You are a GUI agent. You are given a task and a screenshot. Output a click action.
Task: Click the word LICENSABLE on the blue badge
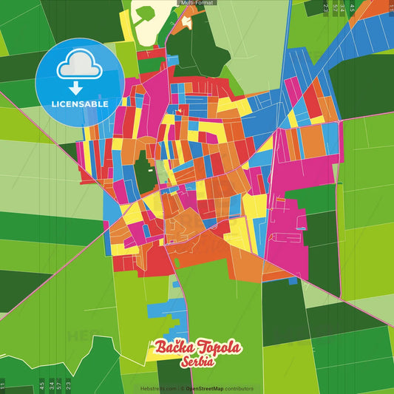tap(81, 104)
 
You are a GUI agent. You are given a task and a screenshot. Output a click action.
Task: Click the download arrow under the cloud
tap(80, 86)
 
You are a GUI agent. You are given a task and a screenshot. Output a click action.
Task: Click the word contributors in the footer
tap(240, 388)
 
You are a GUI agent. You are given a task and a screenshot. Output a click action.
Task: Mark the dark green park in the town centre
tap(143, 171)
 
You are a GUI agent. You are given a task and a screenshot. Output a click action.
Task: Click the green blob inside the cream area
tap(143, 13)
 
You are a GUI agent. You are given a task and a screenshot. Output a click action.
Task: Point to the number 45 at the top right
tap(353, 7)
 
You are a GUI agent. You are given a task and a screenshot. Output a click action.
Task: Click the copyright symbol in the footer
tap(182, 388)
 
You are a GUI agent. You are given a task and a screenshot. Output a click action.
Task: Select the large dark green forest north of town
tap(199, 44)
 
